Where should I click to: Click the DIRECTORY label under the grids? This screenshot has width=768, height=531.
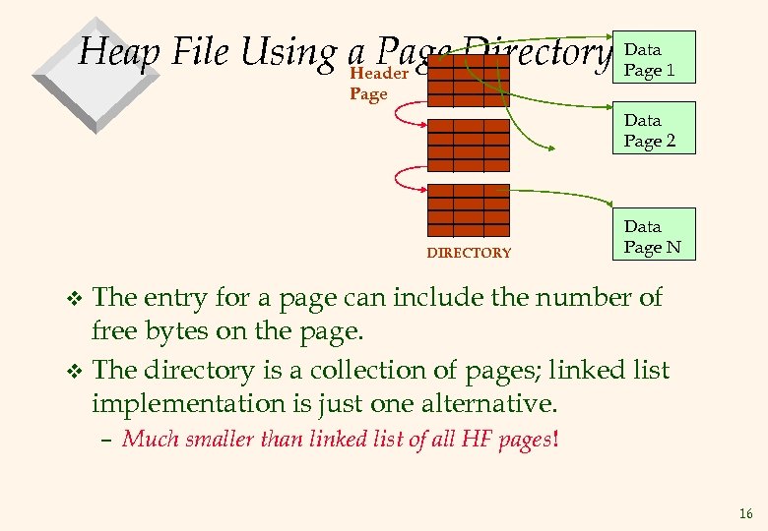(469, 253)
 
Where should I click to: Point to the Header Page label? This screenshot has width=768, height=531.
(378, 83)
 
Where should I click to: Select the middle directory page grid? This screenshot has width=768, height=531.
(468, 146)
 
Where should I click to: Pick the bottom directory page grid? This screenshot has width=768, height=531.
(468, 210)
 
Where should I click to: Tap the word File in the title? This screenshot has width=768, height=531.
(201, 50)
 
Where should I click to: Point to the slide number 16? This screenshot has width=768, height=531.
(745, 513)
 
